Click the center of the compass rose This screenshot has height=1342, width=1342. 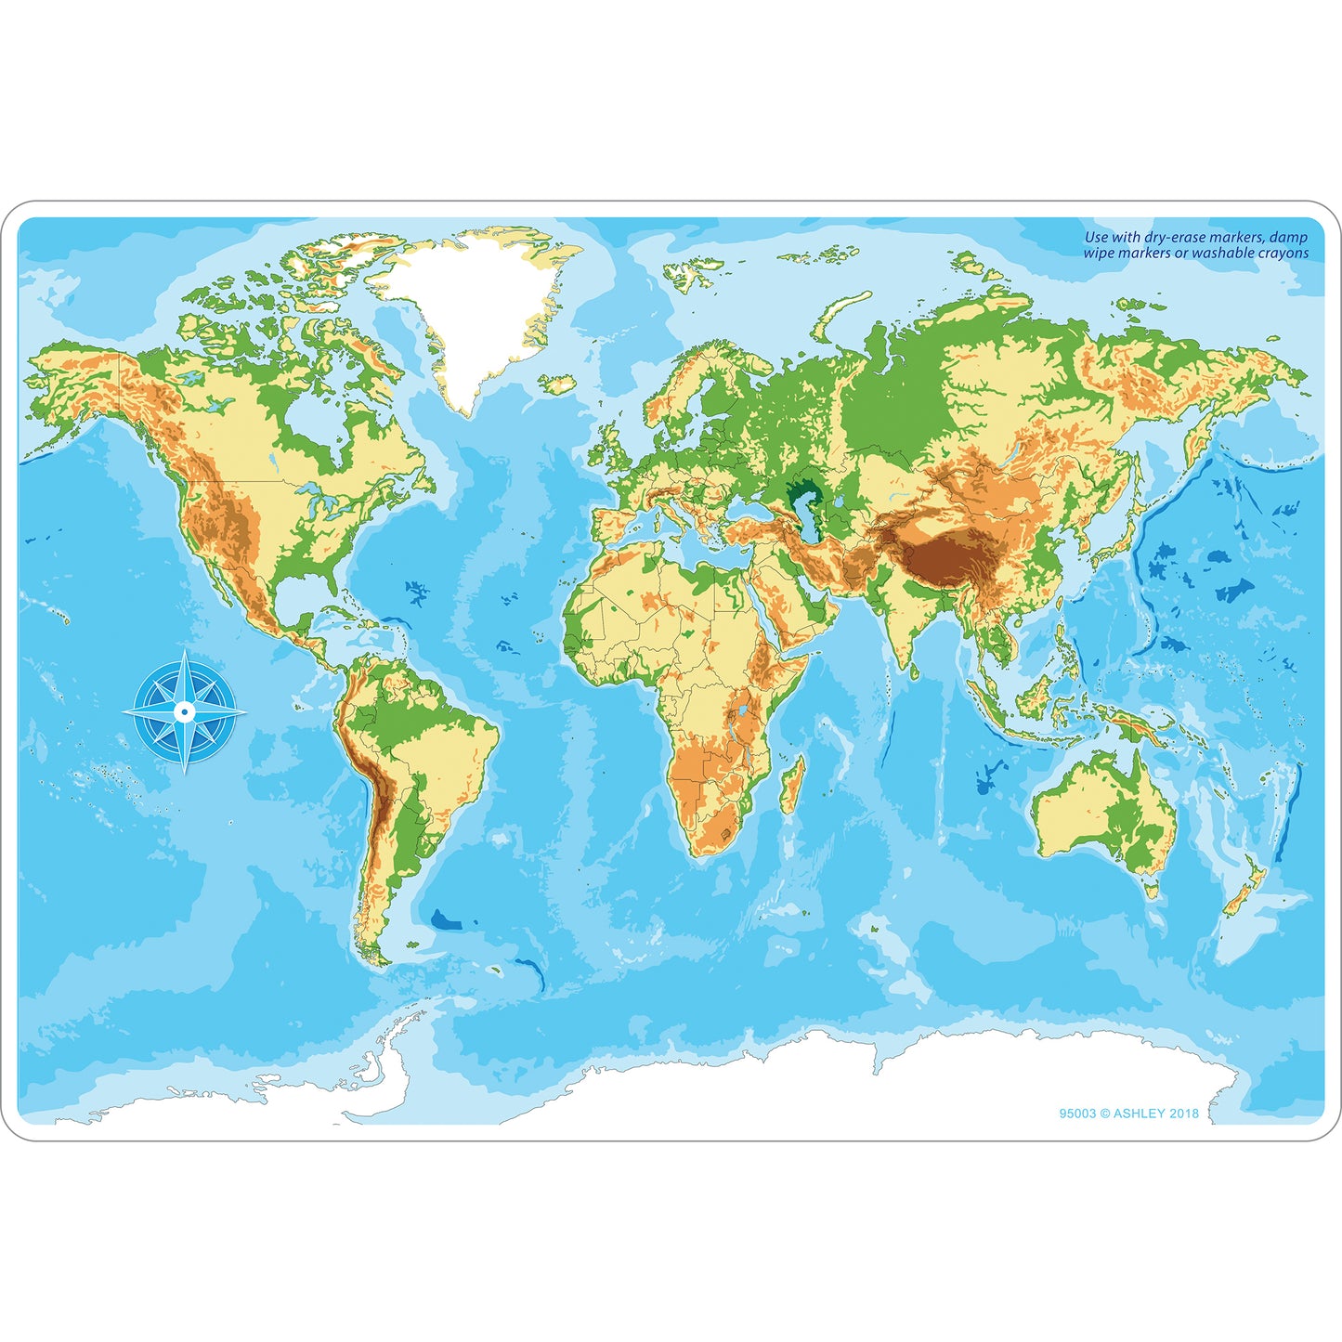185,712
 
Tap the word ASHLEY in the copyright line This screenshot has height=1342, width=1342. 1140,1113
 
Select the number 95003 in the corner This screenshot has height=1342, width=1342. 1077,1113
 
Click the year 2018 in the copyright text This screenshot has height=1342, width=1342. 1184,1113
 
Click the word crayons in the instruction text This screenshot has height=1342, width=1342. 1283,253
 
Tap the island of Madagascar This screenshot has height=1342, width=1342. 792,785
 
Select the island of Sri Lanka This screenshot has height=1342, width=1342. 915,671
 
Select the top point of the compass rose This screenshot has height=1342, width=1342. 185,653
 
